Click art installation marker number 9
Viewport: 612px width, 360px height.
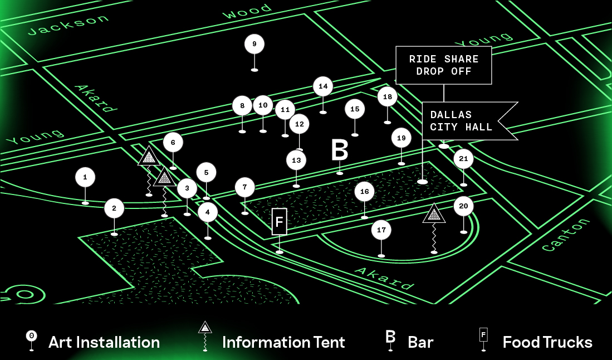[x=254, y=44]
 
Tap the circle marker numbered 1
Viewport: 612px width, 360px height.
[x=85, y=177]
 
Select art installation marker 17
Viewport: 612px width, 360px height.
[x=381, y=230]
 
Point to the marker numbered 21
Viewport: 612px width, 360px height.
[x=463, y=159]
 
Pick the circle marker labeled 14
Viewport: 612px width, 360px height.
[x=323, y=86]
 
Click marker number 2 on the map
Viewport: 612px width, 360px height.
[x=114, y=208]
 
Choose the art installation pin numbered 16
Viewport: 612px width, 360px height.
[x=365, y=192]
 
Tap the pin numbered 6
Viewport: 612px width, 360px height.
[x=173, y=143]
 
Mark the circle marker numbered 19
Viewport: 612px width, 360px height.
[x=402, y=138]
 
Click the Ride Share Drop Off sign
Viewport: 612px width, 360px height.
[x=444, y=65]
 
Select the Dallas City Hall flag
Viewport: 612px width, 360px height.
[x=462, y=121]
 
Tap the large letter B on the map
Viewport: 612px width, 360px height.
[x=340, y=150]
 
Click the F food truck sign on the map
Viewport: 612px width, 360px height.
[x=280, y=222]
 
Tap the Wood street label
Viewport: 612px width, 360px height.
[x=247, y=11]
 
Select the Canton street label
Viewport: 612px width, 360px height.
[x=566, y=235]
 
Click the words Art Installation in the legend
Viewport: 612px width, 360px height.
[x=104, y=342]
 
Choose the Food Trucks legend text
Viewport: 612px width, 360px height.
[x=547, y=342]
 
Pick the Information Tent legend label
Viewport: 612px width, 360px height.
[x=283, y=342]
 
